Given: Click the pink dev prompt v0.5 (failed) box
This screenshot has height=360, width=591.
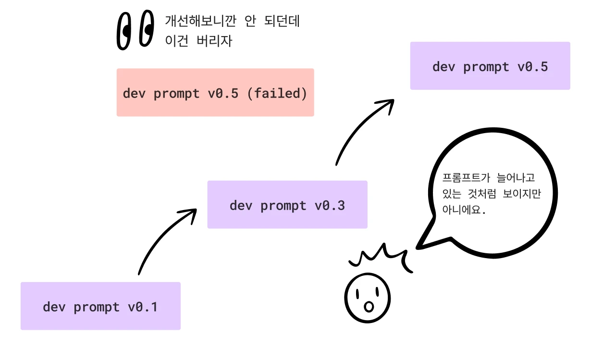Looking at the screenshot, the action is pos(215,92).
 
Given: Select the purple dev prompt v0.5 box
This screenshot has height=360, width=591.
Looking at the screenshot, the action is pos(490,66).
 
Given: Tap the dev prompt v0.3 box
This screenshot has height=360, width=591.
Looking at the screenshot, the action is pos(287,205).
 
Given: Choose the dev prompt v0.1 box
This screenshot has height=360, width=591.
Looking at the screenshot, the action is pos(100,306).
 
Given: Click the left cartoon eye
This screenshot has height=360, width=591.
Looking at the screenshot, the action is pos(124,31).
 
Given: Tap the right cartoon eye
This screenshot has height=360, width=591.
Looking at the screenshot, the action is pos(147,28).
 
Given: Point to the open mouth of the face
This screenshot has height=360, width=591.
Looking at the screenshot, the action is pos(369,307).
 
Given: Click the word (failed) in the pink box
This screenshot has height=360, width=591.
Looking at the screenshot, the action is pos(277,93).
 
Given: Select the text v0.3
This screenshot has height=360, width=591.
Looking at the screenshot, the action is pos(330,205).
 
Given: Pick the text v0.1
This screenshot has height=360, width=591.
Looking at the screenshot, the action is pos(143,307).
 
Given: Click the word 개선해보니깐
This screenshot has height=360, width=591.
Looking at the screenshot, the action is pos(201,21).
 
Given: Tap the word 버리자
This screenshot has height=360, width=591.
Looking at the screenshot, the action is pos(214,41).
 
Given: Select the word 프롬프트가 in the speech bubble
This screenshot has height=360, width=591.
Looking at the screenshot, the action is pos(466,178).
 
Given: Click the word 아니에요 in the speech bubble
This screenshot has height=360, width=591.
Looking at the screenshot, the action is pos(462,210).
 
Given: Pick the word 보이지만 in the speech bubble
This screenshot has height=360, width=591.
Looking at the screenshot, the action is pos(522,194).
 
